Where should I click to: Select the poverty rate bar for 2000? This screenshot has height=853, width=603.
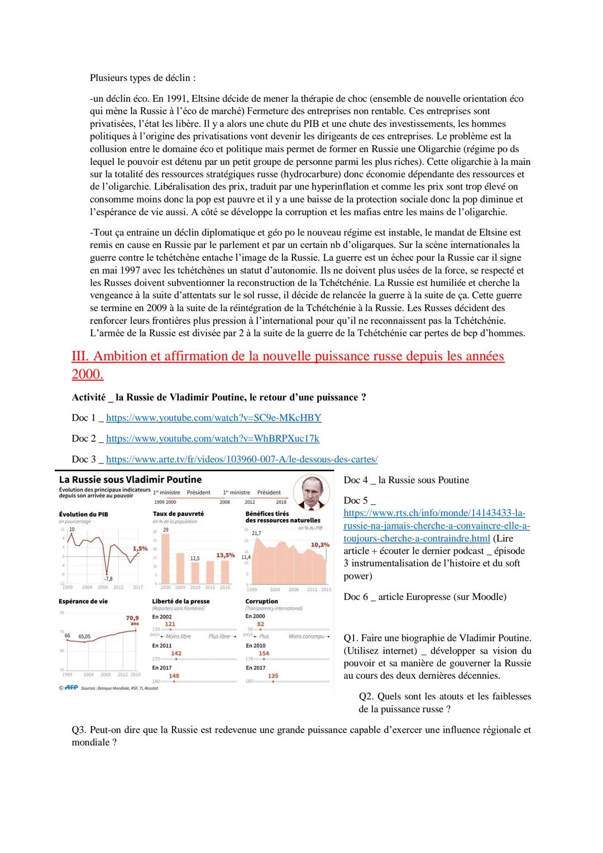166,558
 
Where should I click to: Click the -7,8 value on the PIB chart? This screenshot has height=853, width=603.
108,579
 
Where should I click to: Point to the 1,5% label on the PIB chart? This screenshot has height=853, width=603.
140,549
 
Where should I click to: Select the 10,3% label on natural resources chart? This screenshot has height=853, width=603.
319,544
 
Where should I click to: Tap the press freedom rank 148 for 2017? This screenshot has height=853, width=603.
174,675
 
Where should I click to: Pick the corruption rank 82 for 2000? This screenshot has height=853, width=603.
260,624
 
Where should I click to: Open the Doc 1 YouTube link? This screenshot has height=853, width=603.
213,418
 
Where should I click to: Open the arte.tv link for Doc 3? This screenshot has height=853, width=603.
241,459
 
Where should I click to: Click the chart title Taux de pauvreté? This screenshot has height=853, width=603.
178,513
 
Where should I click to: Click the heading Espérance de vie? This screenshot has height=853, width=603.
83,602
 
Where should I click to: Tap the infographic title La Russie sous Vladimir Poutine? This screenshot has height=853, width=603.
130,480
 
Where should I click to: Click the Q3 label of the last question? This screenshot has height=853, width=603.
78,730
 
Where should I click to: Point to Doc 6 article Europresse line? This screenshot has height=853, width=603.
425,597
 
